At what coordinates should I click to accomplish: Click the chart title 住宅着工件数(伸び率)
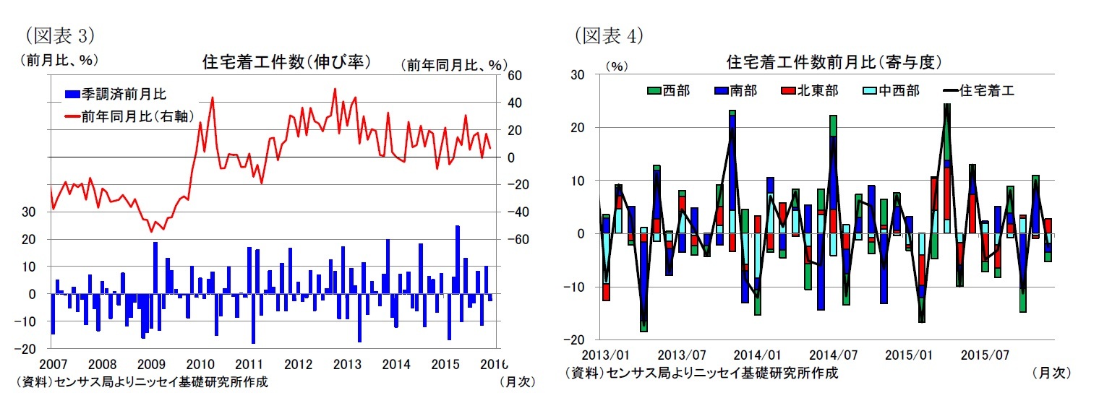(x=286, y=63)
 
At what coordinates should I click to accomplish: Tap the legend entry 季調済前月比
(x=120, y=95)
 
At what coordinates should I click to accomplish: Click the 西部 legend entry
(x=669, y=90)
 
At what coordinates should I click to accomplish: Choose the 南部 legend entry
(x=737, y=90)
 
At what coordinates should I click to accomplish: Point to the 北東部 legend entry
(x=811, y=90)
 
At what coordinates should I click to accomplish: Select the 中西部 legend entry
(x=892, y=90)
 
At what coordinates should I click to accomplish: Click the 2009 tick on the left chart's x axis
(x=151, y=363)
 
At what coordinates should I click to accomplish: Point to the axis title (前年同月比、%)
(x=453, y=65)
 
